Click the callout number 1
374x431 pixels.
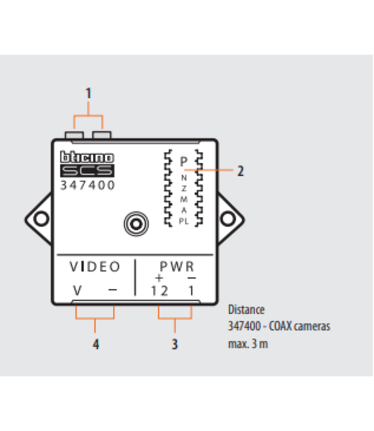tap(88, 93)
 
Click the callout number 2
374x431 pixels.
tap(240, 171)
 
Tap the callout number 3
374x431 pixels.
tap(174, 344)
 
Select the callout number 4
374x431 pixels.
tap(96, 344)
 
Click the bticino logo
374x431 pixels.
tap(87, 157)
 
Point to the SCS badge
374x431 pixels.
tap(87, 171)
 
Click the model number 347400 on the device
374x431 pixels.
tap(87, 186)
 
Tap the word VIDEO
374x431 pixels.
tap(95, 267)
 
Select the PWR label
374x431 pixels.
tap(177, 267)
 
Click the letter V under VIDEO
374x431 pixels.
tap(77, 290)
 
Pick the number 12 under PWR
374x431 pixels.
tap(159, 291)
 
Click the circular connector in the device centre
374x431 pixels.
tap(136, 222)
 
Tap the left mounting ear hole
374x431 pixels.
tap(41, 218)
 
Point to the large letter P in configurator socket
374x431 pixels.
tap(183, 163)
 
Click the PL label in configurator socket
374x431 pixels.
tap(184, 222)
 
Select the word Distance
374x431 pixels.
tap(246, 310)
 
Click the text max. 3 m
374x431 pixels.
tap(248, 344)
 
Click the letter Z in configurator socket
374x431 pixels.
tap(184, 188)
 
